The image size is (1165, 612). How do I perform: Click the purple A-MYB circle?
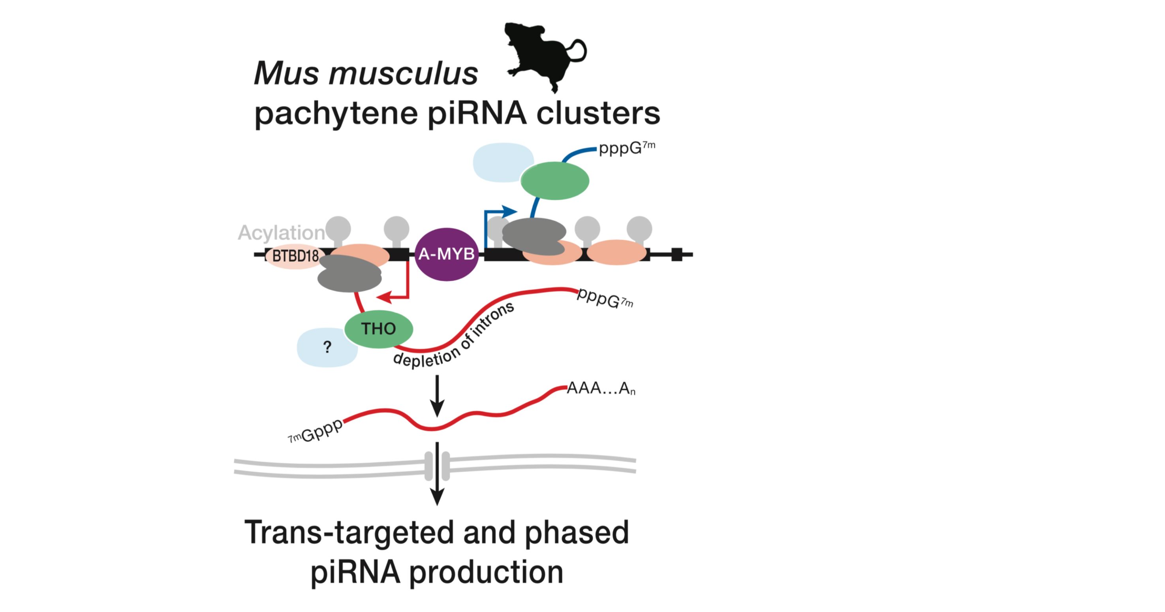(446, 254)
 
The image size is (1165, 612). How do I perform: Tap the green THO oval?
(379, 329)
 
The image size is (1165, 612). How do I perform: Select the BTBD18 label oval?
(295, 256)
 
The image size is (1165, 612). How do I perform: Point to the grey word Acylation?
(281, 233)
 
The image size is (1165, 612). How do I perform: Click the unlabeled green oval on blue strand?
(554, 180)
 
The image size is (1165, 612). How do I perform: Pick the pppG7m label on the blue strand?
(626, 148)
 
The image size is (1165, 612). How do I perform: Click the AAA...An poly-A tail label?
(601, 388)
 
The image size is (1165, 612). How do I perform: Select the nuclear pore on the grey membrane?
(437, 466)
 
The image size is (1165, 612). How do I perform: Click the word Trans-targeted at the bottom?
(349, 533)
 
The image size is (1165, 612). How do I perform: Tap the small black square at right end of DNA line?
(676, 255)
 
